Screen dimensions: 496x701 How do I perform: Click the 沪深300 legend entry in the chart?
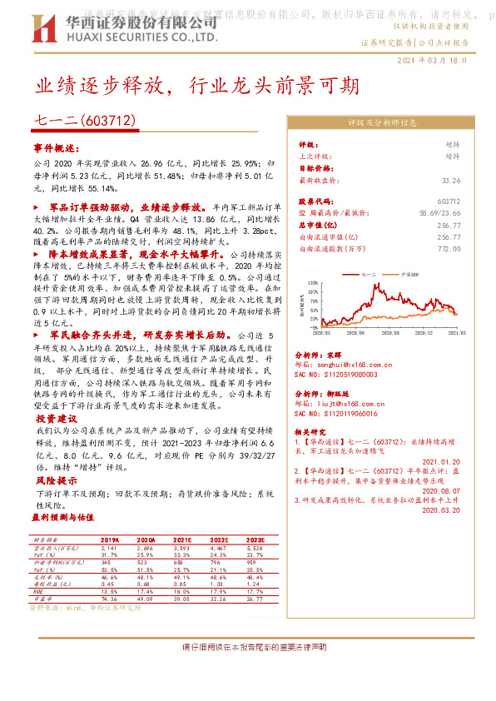pos(403,273)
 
